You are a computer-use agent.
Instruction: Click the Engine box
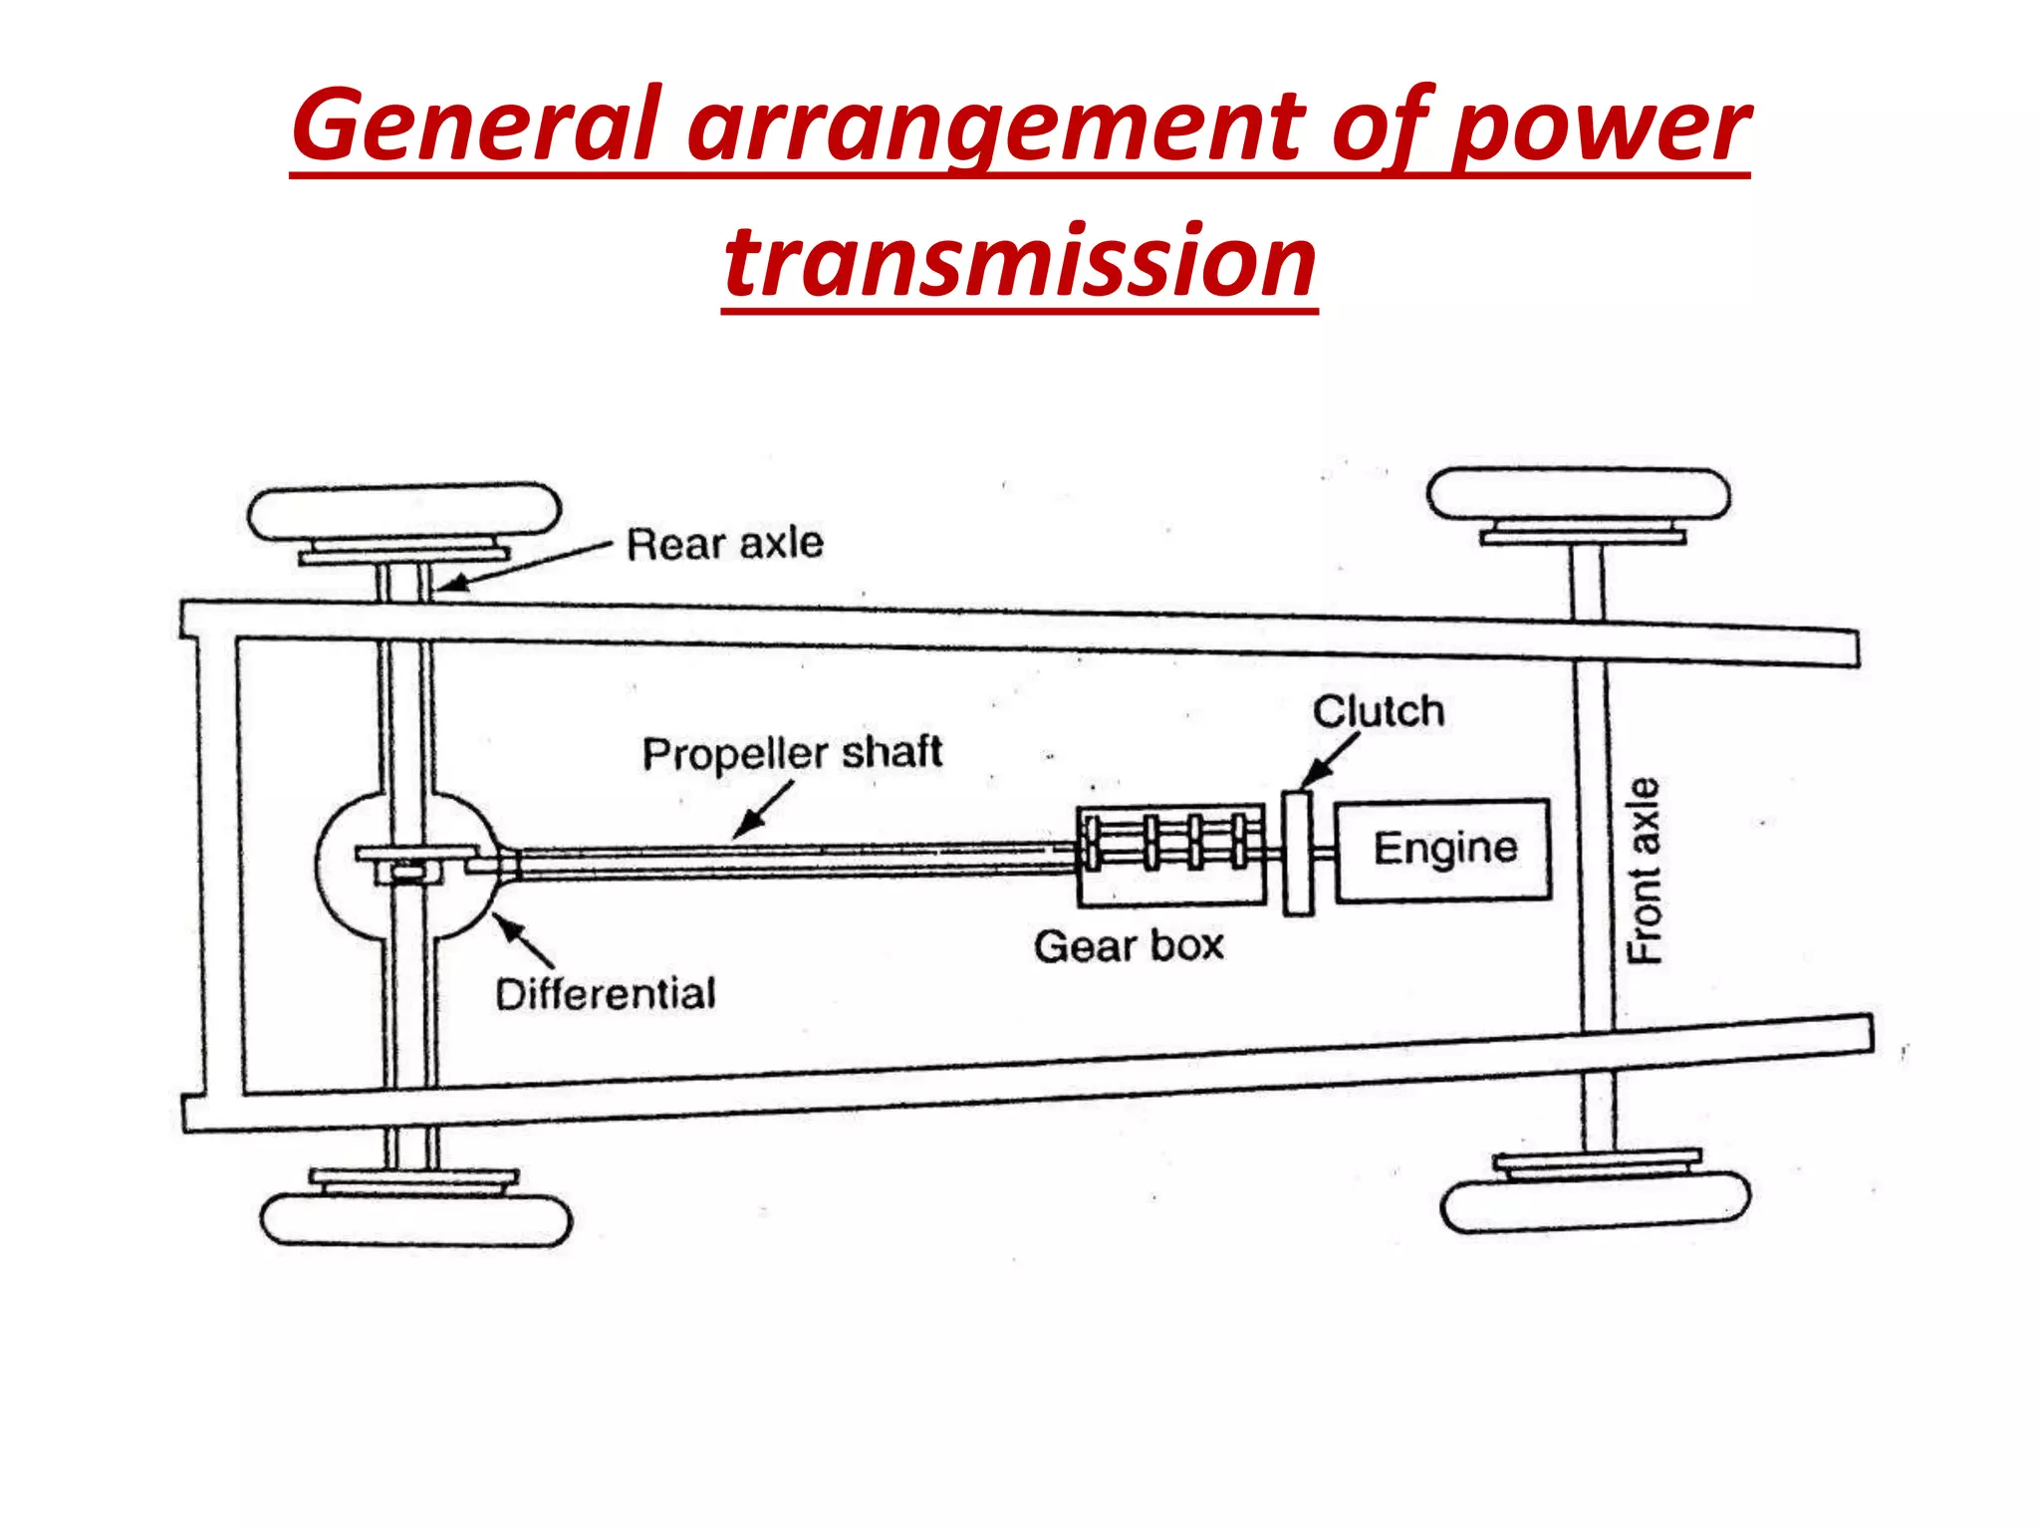pyautogui.click(x=1442, y=850)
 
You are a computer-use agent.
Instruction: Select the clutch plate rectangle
pyautogui.click(x=1297, y=853)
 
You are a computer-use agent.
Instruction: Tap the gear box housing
pyautogui.click(x=1170, y=856)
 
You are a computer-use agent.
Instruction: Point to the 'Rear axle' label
pyautogui.click(x=724, y=544)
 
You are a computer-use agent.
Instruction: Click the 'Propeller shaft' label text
pyautogui.click(x=792, y=753)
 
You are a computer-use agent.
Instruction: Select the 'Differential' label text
pyautogui.click(x=606, y=993)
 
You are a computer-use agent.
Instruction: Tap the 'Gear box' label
pyautogui.click(x=1129, y=945)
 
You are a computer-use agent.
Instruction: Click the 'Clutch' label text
pyautogui.click(x=1378, y=711)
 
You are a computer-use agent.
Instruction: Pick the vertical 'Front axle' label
pyautogui.click(x=1645, y=870)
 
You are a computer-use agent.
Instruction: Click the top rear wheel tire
pyautogui.click(x=403, y=512)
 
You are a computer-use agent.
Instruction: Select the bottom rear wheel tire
pyautogui.click(x=415, y=1219)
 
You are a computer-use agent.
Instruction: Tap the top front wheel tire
pyautogui.click(x=1578, y=494)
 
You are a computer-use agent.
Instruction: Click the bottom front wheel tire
pyautogui.click(x=1595, y=1202)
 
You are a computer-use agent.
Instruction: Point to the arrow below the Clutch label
pyautogui.click(x=1331, y=760)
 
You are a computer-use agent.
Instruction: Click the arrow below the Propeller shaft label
pyautogui.click(x=763, y=809)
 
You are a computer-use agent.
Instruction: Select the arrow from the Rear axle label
pyautogui.click(x=523, y=566)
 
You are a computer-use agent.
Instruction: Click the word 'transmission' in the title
pyautogui.click(x=1020, y=261)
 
